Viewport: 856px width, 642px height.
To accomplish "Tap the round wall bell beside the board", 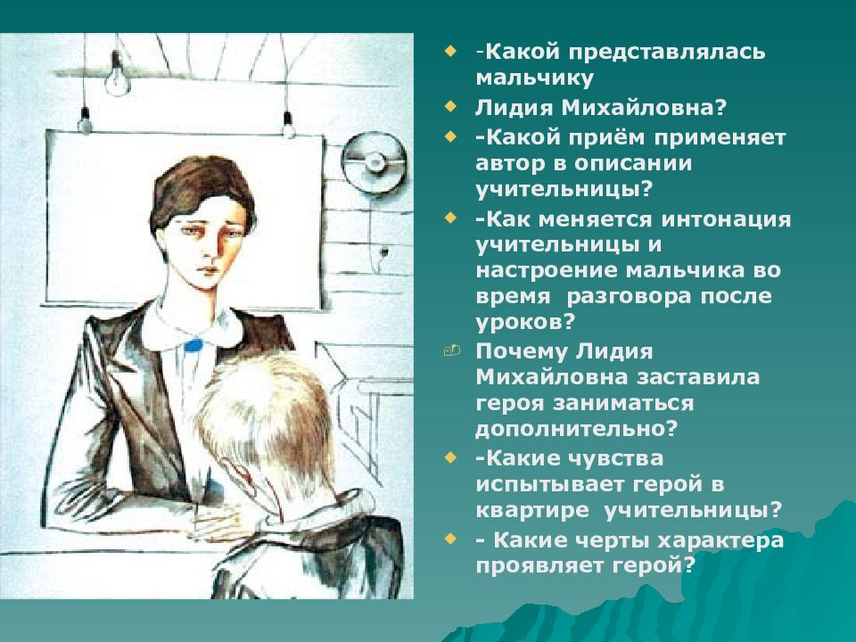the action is coord(374,160).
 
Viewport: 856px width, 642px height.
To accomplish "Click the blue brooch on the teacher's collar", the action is coord(193,345).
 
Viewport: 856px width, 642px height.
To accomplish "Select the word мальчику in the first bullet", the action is coord(534,78).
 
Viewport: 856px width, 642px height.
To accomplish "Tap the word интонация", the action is coord(726,219).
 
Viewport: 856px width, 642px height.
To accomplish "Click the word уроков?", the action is coord(526,322).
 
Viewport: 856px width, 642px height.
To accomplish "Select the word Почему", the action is coord(516,352).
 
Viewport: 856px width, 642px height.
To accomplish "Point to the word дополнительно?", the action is coord(577,429).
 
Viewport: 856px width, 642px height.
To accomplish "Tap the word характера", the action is coord(720,540).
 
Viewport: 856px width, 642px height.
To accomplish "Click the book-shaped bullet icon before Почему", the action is coord(452,350).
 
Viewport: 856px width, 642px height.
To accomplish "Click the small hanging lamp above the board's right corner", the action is coord(287,125).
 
